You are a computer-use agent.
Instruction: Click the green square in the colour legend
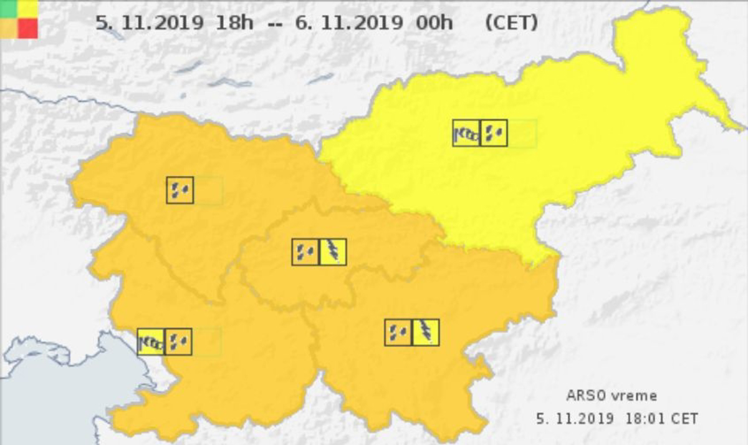(9, 9)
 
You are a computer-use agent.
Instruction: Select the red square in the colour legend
(27, 28)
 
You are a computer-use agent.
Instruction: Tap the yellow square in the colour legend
(27, 9)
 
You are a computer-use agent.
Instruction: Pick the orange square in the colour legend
(9, 28)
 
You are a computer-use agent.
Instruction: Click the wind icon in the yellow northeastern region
(466, 133)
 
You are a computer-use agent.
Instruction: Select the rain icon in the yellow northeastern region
(494, 133)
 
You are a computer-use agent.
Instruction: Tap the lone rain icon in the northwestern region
(180, 190)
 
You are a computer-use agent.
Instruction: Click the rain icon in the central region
(305, 252)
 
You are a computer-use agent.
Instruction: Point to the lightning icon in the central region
(333, 252)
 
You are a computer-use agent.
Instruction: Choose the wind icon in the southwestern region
(151, 341)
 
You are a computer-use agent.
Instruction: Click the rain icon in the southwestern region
(179, 341)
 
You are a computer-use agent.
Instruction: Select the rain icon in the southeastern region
(398, 333)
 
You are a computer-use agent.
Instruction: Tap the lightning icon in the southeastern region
(426, 333)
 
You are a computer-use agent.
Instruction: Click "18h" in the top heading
(234, 24)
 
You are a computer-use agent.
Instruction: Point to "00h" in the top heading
(434, 24)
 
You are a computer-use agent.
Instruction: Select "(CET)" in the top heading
(511, 24)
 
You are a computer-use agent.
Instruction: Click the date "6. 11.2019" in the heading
(349, 24)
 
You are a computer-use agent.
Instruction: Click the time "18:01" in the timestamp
(643, 418)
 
